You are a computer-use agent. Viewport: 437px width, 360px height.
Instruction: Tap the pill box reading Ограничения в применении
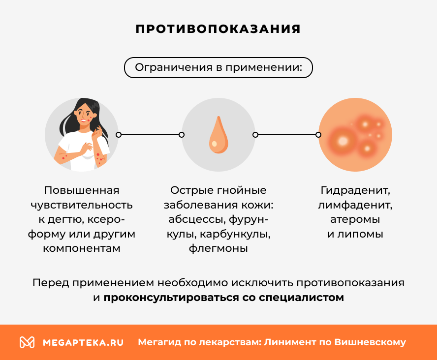tap(218, 67)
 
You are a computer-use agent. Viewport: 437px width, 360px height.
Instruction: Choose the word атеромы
tap(355, 219)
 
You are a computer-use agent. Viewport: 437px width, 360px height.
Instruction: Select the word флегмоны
tap(218, 248)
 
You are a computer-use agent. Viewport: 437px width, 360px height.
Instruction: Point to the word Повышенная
tap(82, 190)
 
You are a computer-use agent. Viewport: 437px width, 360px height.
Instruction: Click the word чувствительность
tap(82, 205)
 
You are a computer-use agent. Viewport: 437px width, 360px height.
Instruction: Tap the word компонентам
tap(82, 248)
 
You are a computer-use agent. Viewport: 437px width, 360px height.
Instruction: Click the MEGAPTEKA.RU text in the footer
tap(83, 342)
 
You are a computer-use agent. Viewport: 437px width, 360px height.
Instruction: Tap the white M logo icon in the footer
tap(27, 342)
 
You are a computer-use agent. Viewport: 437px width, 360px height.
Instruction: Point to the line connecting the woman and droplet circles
tap(150, 135)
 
